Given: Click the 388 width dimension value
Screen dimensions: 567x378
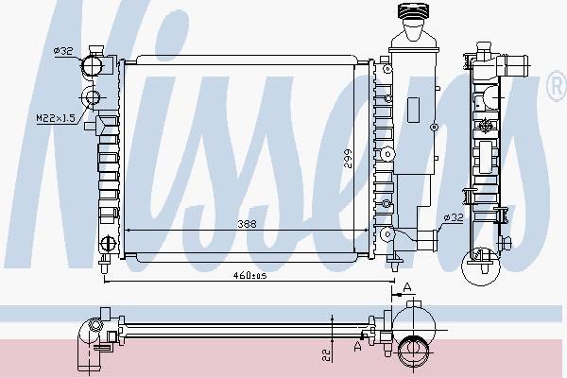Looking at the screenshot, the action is click(247, 224).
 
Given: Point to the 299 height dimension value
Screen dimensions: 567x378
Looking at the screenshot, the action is click(348, 159).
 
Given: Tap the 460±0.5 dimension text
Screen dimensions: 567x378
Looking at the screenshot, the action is click(249, 276).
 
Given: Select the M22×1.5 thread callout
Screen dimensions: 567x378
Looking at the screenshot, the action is click(56, 118).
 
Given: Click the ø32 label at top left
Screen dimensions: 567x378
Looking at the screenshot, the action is click(63, 51).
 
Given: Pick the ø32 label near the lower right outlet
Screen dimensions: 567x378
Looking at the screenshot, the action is click(454, 217).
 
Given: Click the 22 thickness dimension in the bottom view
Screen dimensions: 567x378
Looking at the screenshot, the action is click(327, 354).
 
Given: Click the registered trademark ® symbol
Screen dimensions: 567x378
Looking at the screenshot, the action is click(557, 86).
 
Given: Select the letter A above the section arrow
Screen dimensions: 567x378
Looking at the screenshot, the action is click(407, 288).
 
